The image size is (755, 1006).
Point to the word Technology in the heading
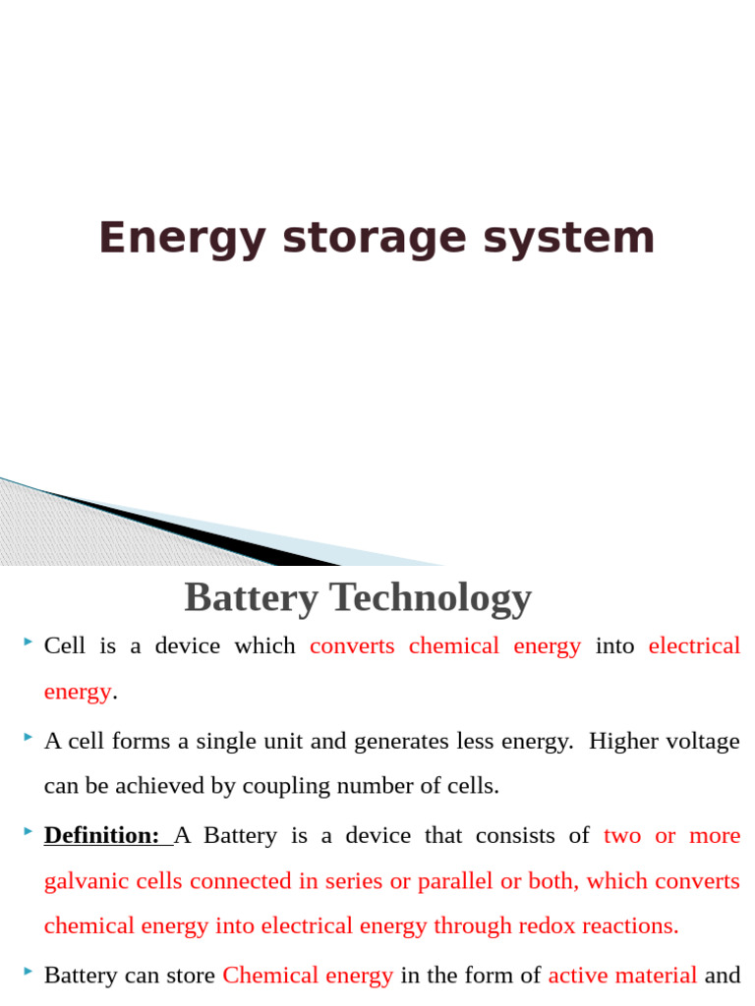[x=430, y=597]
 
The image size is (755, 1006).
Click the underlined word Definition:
[x=102, y=835]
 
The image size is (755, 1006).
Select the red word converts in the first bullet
[x=352, y=645]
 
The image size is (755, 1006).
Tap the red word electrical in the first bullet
[x=694, y=645]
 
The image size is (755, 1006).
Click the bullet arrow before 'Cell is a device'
[x=28, y=643]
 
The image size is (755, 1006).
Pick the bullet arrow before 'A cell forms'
[x=28, y=738]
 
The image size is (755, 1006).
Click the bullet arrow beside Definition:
[x=28, y=832]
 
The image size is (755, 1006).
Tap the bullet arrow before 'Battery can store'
[x=28, y=972]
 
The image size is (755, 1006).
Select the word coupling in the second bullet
[x=279, y=786]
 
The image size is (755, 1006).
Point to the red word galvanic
[x=78, y=881]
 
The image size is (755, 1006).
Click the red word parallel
[x=455, y=881]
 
